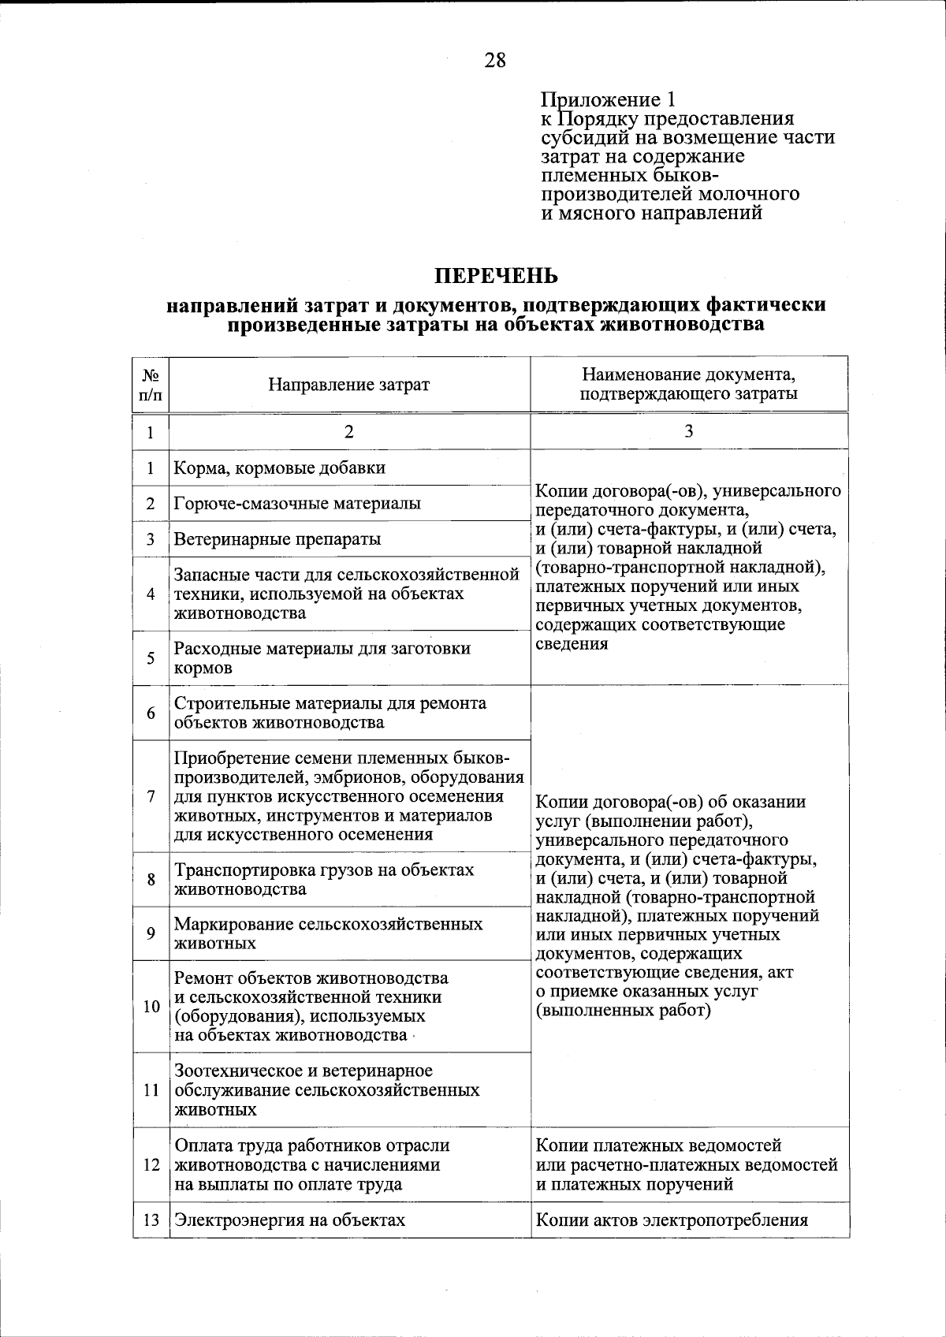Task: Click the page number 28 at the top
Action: pos(495,60)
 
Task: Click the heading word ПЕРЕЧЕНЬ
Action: pos(496,276)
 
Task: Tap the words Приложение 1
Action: pos(608,100)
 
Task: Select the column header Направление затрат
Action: pos(349,385)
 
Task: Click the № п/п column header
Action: pos(151,385)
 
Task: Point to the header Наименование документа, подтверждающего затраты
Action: pos(688,384)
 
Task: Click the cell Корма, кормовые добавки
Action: pos(280,467)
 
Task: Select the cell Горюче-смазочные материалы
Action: pos(297,503)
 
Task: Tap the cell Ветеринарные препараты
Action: pos(277,539)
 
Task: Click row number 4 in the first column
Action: pos(151,594)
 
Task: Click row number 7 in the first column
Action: pos(151,795)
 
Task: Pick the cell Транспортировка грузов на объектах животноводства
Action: pos(324,879)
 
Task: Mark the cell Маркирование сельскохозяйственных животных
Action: pos(328,933)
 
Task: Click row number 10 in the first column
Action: pos(151,1007)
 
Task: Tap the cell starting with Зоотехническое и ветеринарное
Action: pos(326,1090)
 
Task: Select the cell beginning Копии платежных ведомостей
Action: pos(687,1164)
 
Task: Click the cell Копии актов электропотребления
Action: pos(672,1220)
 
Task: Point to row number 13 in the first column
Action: pos(151,1220)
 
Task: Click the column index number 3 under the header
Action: pos(688,430)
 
